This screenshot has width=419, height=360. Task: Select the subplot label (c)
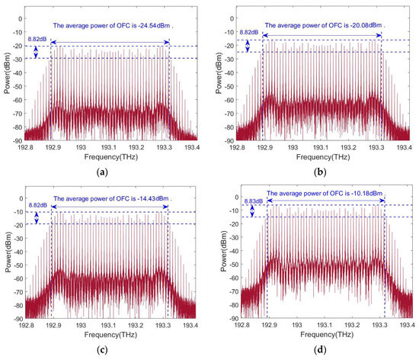(108, 349)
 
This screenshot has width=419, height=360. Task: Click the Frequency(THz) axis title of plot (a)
(108, 155)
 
